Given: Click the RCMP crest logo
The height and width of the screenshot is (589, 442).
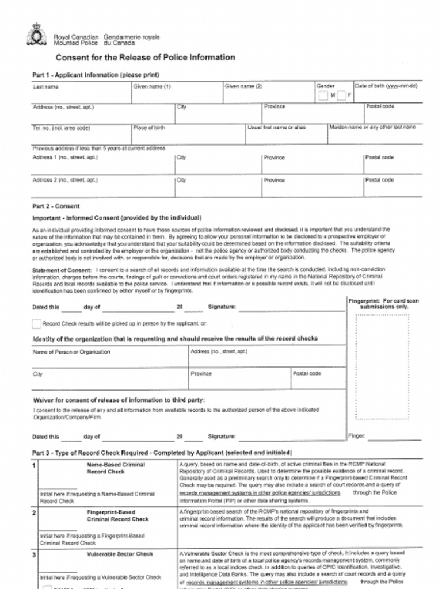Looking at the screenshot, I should point(36,35).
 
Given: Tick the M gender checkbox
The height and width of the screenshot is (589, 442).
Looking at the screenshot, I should point(323,95).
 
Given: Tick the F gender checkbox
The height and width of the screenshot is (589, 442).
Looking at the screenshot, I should point(341,95).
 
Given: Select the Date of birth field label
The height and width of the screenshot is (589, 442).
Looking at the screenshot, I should point(386,86).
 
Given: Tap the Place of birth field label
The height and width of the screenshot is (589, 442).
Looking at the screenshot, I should point(149,128).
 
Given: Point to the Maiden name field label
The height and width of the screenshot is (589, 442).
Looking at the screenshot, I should point(372,127).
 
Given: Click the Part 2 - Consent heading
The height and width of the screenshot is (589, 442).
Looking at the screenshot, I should point(56,206).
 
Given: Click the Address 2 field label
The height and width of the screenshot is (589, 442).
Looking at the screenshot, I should point(65,180).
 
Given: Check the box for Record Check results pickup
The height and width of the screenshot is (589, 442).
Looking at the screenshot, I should point(37,324).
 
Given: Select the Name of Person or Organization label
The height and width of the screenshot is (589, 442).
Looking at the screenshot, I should point(71,351).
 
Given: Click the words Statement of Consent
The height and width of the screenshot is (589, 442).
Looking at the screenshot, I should point(63,270).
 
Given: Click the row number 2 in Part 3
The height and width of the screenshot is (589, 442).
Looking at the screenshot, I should point(35,511).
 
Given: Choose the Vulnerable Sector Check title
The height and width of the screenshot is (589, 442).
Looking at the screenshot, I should point(120,554).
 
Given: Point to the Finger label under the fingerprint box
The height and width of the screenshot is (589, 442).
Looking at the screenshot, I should point(357,436).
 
